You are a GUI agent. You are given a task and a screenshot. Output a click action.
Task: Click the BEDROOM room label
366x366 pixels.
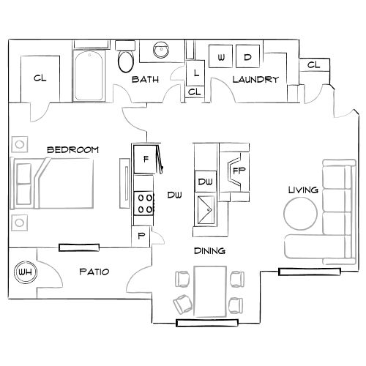(x=72, y=149)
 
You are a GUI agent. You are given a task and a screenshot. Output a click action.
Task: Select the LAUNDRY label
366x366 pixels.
(x=255, y=79)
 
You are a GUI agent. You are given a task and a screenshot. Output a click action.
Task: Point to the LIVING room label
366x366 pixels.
(x=303, y=190)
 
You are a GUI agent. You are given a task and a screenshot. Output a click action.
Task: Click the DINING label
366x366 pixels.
(x=209, y=251)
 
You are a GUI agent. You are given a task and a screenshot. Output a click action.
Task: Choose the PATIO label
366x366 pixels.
(x=94, y=272)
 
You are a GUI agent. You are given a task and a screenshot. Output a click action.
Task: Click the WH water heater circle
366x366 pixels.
(x=25, y=273)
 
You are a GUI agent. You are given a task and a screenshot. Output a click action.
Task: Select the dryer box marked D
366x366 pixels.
(x=247, y=57)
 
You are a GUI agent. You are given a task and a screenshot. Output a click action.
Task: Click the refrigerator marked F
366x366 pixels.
(x=146, y=159)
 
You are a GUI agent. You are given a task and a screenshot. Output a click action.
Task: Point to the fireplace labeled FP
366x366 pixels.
(x=238, y=170)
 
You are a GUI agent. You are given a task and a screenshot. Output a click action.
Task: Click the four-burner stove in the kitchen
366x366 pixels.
(x=144, y=203)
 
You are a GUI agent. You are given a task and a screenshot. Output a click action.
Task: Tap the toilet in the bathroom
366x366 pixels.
(x=126, y=60)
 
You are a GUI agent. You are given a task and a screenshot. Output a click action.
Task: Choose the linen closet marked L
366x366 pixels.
(x=196, y=73)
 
